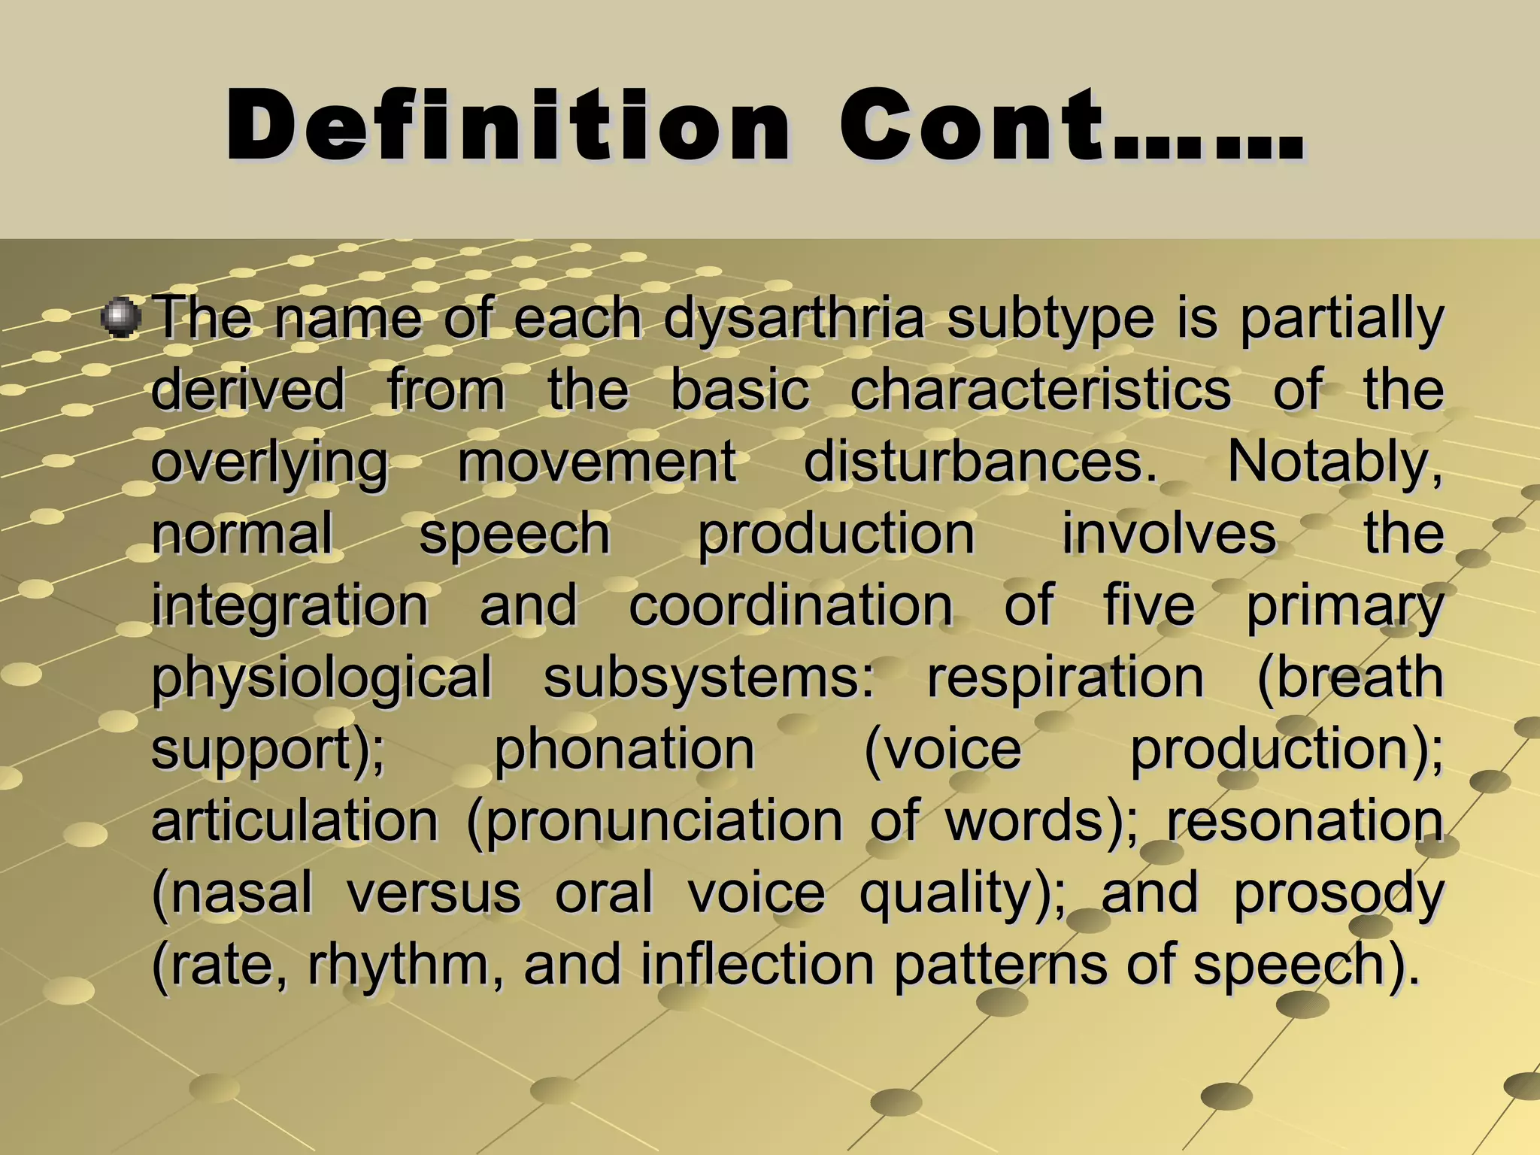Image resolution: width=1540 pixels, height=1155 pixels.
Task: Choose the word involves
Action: pos(1169,534)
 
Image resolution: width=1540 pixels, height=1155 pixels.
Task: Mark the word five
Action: pos(1149,605)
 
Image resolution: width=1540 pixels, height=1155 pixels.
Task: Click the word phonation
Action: pos(624,750)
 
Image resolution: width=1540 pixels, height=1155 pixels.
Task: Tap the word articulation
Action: pos(295,820)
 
